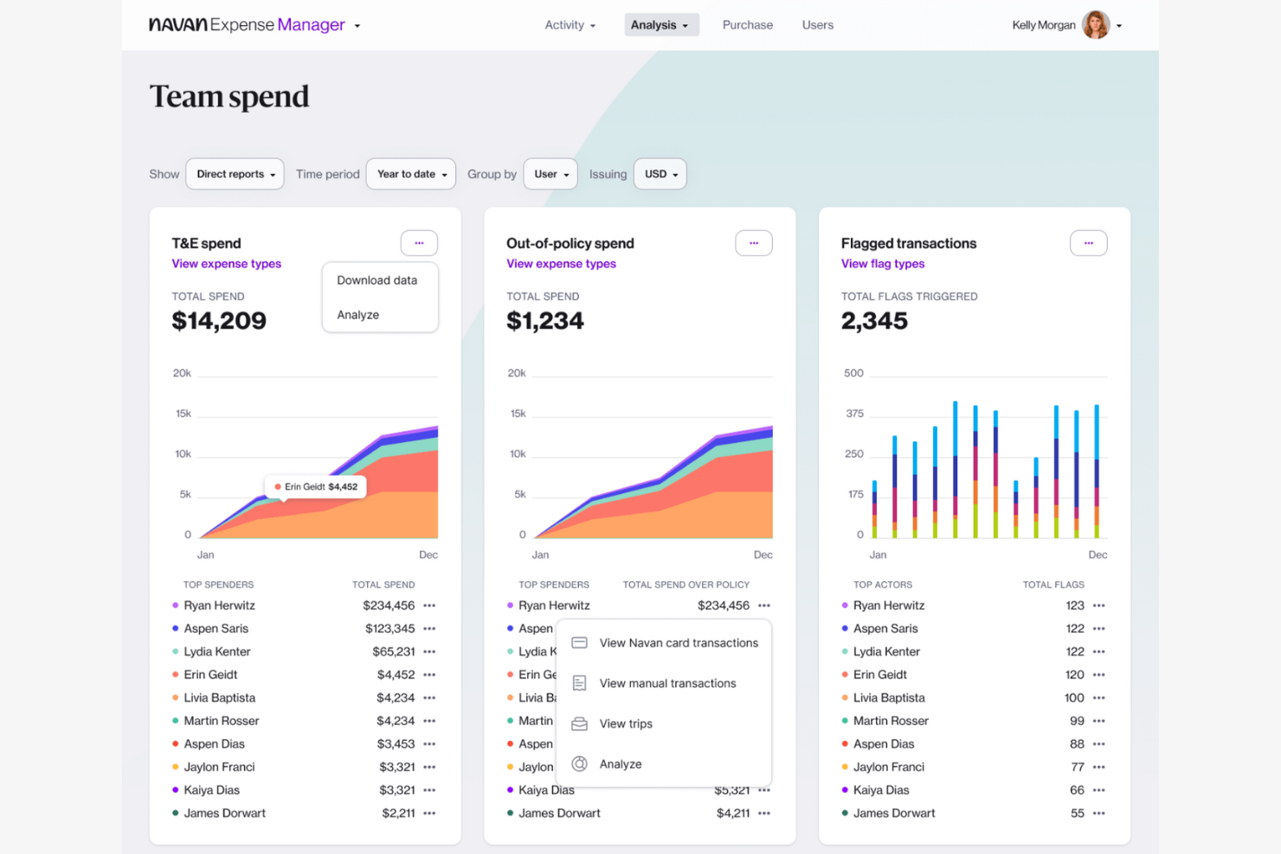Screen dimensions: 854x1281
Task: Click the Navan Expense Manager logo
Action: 247,25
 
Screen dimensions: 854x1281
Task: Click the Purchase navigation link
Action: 747,25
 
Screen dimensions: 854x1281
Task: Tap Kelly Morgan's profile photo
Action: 1096,25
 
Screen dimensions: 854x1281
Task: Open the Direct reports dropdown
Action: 235,174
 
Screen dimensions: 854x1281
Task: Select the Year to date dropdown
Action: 411,174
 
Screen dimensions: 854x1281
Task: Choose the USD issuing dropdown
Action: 660,174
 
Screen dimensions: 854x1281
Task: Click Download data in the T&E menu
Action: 377,280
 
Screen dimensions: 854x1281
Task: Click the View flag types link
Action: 882,264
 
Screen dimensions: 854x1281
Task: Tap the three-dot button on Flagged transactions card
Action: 1088,243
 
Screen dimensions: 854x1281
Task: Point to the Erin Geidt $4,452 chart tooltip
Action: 317,487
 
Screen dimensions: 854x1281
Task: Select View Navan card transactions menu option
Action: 678,643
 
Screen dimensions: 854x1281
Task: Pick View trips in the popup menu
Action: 625,724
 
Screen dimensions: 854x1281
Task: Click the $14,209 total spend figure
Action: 219,321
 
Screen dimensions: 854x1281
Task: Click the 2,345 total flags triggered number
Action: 874,321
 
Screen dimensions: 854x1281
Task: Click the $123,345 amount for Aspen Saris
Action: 389,629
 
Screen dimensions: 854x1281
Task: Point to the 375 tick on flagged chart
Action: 854,414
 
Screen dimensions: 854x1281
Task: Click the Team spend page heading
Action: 229,97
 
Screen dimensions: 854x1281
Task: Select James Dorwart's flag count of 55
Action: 1077,813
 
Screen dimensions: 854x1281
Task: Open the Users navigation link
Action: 817,25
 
